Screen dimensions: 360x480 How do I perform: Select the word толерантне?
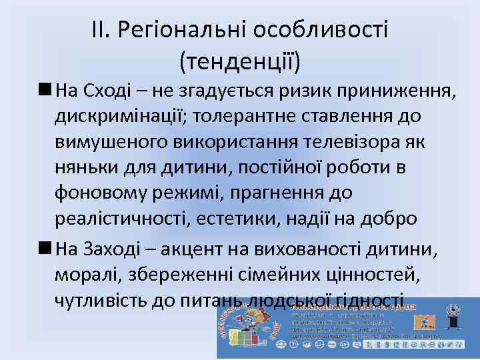pos(249,116)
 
